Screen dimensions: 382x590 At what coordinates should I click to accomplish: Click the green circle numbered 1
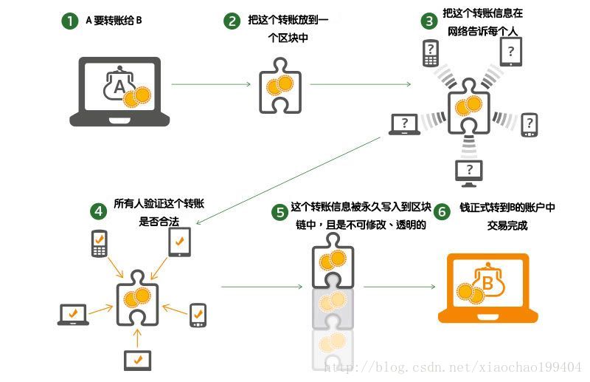click(x=69, y=21)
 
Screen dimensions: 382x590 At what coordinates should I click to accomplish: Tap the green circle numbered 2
click(x=232, y=21)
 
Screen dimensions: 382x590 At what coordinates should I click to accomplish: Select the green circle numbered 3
click(x=428, y=21)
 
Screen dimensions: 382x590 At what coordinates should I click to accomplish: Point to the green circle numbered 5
click(x=280, y=213)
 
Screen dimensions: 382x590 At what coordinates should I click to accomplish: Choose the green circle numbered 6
click(x=442, y=212)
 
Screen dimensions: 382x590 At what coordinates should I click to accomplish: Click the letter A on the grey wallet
click(x=119, y=88)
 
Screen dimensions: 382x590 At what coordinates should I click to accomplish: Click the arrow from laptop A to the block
click(x=210, y=84)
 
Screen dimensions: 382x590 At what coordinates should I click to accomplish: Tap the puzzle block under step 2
click(x=278, y=88)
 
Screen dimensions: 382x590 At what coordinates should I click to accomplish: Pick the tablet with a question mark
click(x=511, y=51)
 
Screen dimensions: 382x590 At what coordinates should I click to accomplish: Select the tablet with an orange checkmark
click(x=180, y=241)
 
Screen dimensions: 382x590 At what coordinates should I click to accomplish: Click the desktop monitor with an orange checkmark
click(x=137, y=359)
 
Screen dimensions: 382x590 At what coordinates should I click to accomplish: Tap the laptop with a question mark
click(x=405, y=124)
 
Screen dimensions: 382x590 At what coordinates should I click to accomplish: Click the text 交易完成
click(x=508, y=226)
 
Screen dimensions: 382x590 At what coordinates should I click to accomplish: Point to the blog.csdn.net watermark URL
click(x=453, y=367)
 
